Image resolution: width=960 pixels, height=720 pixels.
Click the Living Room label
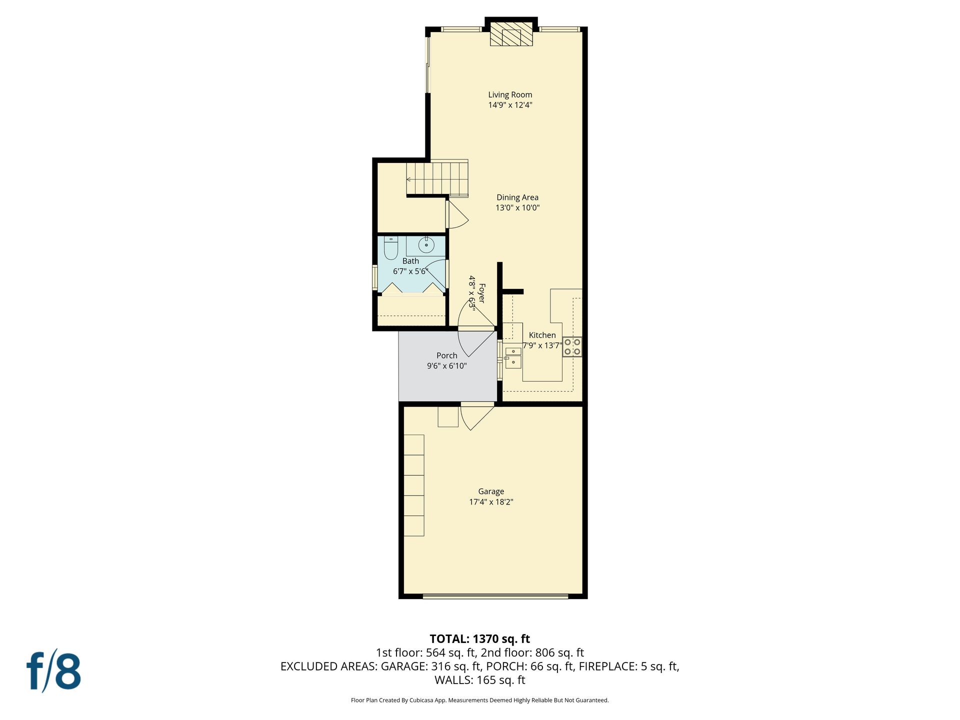[x=510, y=94]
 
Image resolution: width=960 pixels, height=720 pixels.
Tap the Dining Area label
[x=517, y=197]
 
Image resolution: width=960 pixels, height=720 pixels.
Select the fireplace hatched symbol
[x=511, y=34]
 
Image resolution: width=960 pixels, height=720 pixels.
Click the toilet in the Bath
[x=390, y=247]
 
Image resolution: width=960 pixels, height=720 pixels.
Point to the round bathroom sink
[x=426, y=245]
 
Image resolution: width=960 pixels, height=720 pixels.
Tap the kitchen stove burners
[x=572, y=346]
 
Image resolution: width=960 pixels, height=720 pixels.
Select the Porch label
[x=446, y=355]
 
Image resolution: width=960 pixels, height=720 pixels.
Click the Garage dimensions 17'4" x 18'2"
[x=491, y=502]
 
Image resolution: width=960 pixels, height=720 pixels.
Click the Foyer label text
[x=482, y=293]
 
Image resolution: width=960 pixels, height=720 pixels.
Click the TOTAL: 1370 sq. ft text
[x=480, y=639]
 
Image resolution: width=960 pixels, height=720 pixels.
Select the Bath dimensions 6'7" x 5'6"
[x=410, y=271]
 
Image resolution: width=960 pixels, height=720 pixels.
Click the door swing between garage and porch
[x=477, y=416]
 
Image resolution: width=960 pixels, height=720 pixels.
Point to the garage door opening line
[x=495, y=596]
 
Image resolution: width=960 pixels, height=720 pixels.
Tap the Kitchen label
[x=542, y=335]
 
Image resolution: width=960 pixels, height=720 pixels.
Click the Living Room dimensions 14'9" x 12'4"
[x=510, y=105]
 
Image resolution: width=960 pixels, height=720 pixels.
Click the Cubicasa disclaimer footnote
[x=480, y=700]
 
